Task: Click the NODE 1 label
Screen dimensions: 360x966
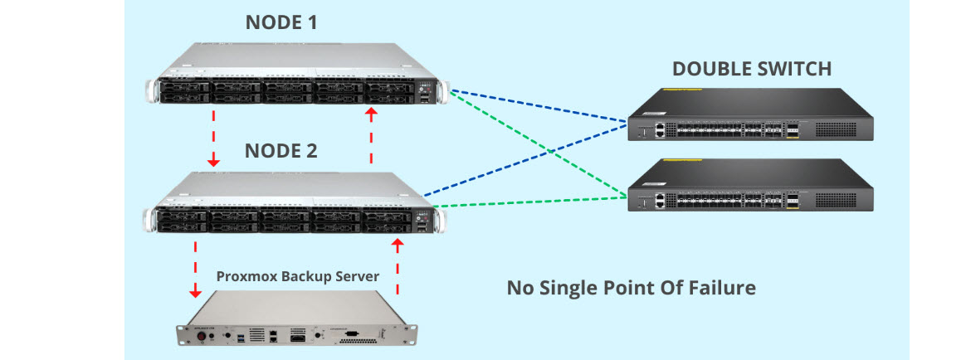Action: [x=281, y=23]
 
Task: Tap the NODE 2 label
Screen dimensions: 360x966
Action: [x=281, y=151]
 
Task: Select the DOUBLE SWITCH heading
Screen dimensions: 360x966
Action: [x=751, y=69]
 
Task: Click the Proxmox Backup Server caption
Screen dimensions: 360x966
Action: [x=298, y=275]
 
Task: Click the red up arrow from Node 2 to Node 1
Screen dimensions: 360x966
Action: [x=371, y=133]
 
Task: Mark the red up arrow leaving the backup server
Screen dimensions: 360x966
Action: [x=398, y=265]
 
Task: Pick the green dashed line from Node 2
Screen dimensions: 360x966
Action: [x=531, y=200]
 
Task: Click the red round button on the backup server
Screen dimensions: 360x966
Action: [x=199, y=335]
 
